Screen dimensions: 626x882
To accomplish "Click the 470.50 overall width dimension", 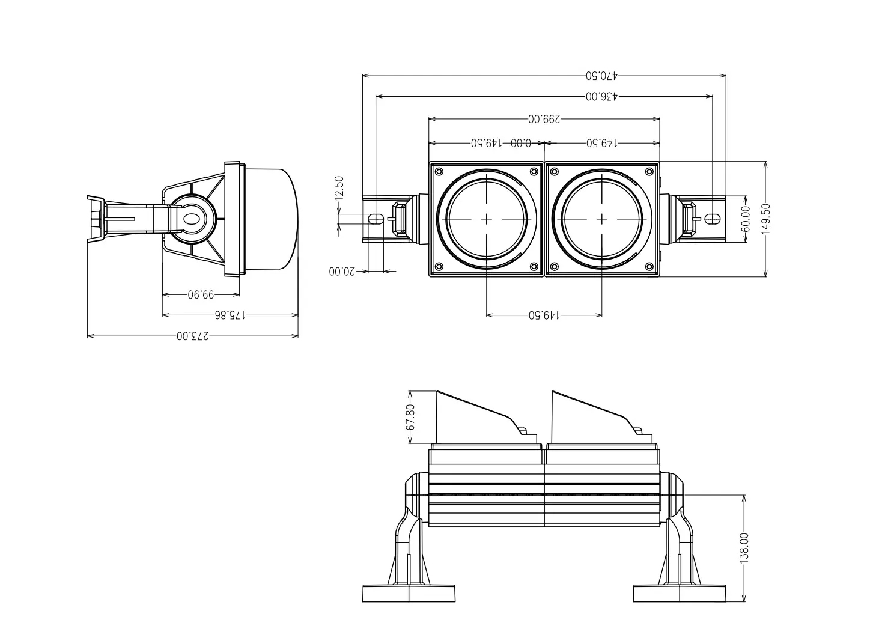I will point(602,76).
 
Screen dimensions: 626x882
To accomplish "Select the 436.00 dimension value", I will point(602,96).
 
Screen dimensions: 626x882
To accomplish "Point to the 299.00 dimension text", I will point(544,119).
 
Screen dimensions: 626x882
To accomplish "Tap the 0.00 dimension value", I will point(521,144).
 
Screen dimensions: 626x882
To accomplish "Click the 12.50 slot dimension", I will point(339,187).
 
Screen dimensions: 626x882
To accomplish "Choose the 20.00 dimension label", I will point(342,272).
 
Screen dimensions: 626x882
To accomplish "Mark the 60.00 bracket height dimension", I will point(746,219).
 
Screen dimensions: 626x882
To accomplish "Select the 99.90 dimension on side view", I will point(201,294).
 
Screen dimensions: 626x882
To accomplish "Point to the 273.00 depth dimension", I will point(193,336).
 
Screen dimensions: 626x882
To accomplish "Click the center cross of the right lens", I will point(602,219).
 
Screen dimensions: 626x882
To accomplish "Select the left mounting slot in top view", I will point(376,219).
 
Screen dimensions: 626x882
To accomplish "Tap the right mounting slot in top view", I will point(712,219).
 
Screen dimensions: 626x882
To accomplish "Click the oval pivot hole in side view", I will point(192,219).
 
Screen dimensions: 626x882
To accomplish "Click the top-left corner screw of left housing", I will point(439,172).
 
